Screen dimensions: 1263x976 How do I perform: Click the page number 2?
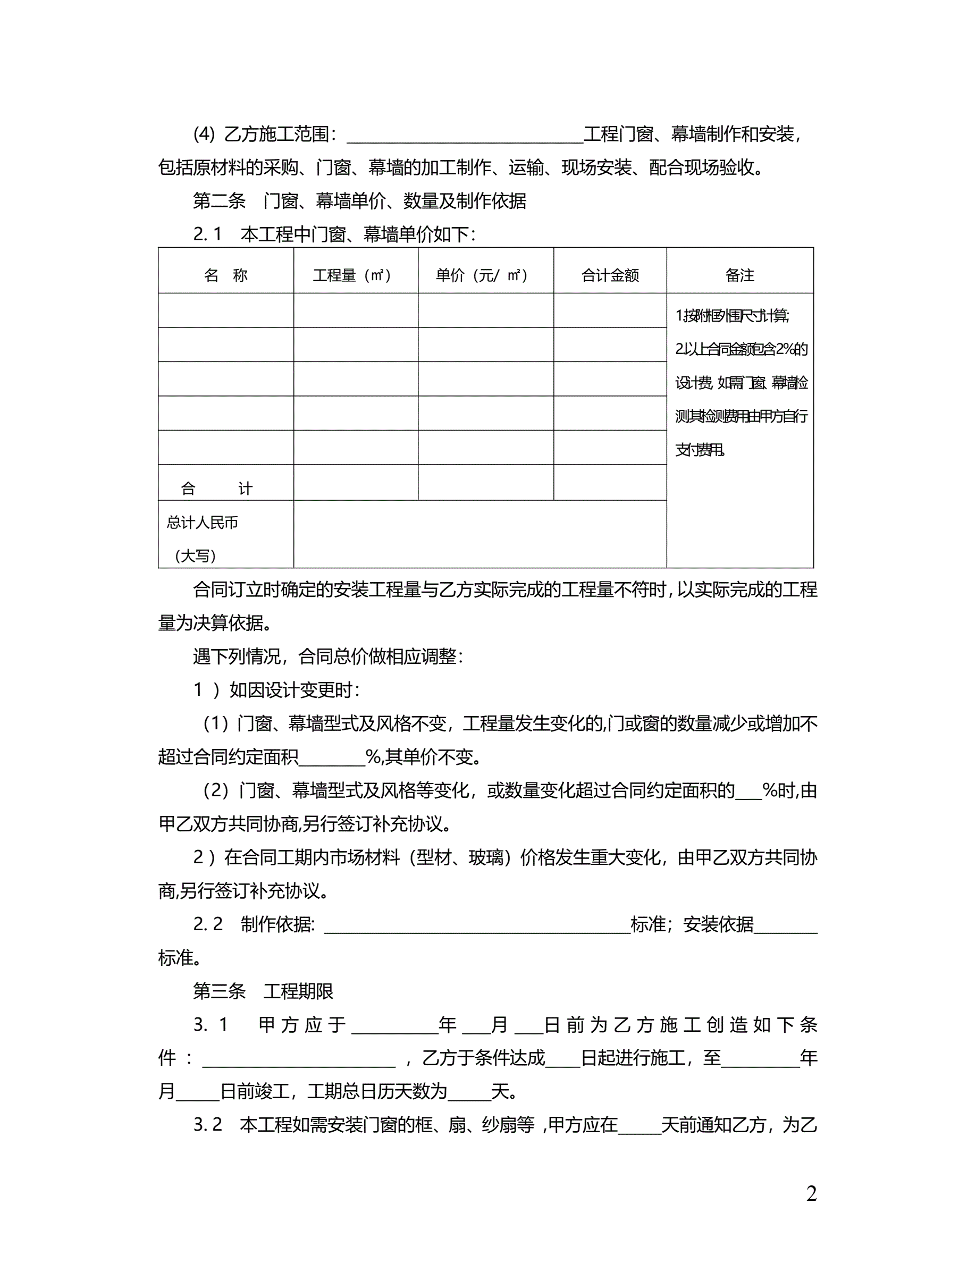pyautogui.click(x=811, y=1193)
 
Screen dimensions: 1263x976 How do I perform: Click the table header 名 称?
pyautogui.click(x=225, y=275)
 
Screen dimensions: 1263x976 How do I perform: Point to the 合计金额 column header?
pyautogui.click(x=610, y=275)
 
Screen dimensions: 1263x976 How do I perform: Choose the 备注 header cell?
pyautogui.click(x=739, y=275)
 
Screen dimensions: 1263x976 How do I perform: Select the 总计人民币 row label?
pyautogui.click(x=203, y=523)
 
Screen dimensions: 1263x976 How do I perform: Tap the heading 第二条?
pyautogui.click(x=219, y=201)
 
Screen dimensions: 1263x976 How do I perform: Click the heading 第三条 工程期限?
pyautogui.click(x=263, y=991)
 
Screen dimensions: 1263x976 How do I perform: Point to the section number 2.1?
pyautogui.click(x=207, y=234)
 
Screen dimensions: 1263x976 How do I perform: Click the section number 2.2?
pyautogui.click(x=207, y=924)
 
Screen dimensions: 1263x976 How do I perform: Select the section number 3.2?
pyautogui.click(x=207, y=1124)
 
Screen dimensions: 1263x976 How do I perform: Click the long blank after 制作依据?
pyautogui.click(x=477, y=925)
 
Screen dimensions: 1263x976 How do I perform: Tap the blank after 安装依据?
pyautogui.click(x=786, y=925)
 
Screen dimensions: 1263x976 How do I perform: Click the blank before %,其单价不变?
pyautogui.click(x=332, y=757)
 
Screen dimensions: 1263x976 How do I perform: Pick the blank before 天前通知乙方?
pyautogui.click(x=639, y=1125)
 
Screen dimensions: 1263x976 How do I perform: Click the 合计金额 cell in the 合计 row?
pyautogui.click(x=610, y=482)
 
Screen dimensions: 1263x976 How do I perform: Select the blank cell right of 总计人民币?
pyautogui.click(x=480, y=534)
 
